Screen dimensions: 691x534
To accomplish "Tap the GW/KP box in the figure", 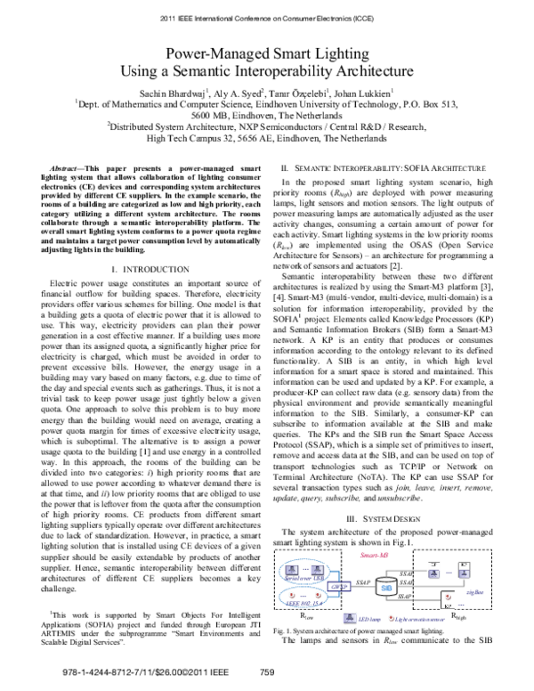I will click(x=314, y=588).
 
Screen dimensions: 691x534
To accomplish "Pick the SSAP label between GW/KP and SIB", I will click(x=338, y=581).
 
